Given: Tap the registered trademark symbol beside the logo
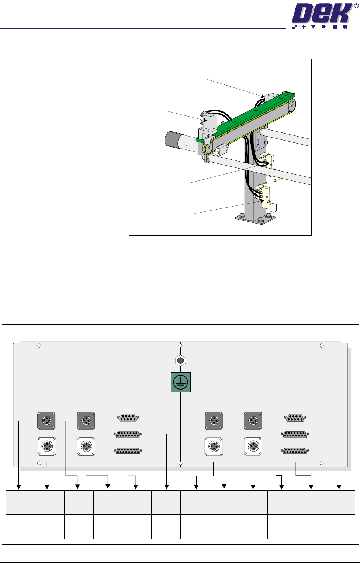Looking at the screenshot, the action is tap(356, 6).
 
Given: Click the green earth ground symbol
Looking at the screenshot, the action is tap(181, 382).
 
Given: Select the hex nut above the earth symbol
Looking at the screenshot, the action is tap(180, 361).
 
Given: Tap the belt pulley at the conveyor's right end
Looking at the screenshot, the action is tap(291, 106).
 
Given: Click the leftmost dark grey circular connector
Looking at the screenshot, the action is tap(46, 421).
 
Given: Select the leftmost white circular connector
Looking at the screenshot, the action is tap(47, 446).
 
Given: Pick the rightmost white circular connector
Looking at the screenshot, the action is tap(253, 446).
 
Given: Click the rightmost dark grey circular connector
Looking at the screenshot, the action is tap(253, 421).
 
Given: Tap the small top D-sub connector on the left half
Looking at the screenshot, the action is tap(128, 418).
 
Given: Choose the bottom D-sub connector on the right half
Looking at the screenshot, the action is tap(295, 451).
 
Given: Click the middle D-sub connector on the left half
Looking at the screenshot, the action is tap(128, 434).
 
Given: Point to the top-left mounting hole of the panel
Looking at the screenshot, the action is tap(39, 346).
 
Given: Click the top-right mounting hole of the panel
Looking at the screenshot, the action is tap(322, 346).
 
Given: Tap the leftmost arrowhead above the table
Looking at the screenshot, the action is tap(18, 487).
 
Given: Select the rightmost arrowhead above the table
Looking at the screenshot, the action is tap(339, 487).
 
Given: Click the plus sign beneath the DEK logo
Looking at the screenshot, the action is tap(304, 27).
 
